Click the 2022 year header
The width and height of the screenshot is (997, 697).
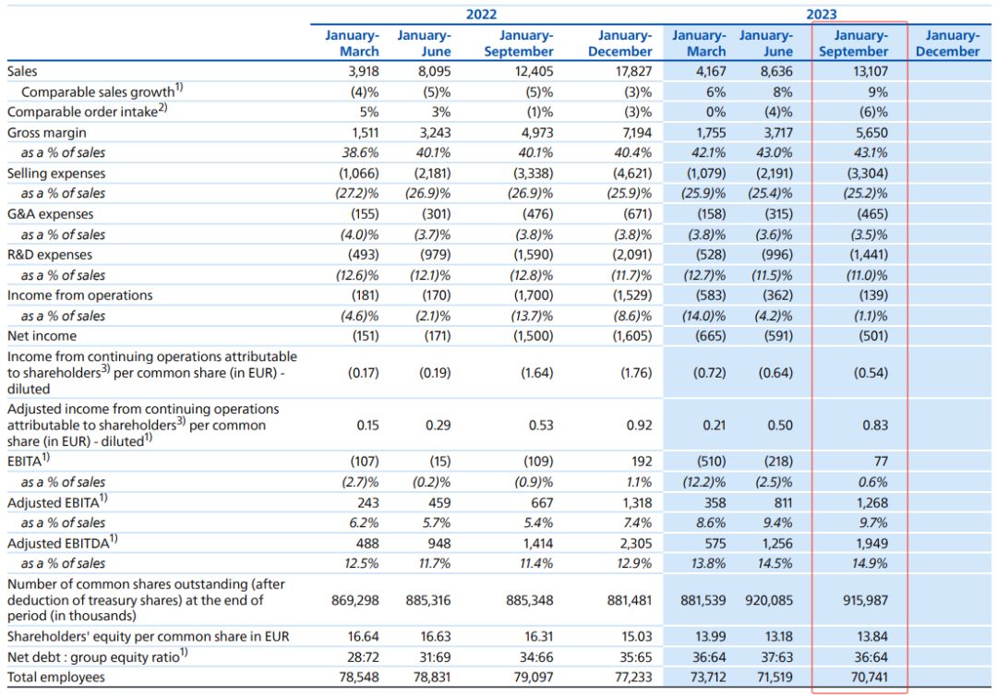click(x=481, y=14)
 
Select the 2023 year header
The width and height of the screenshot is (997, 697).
click(x=822, y=14)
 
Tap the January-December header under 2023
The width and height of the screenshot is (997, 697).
click(x=947, y=43)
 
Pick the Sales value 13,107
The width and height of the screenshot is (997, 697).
click(x=870, y=71)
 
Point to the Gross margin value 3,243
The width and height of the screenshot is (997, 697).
click(x=434, y=133)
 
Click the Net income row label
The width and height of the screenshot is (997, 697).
click(x=42, y=336)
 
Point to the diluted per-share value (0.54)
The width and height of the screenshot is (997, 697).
click(x=871, y=373)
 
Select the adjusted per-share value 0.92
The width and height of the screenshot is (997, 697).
click(x=639, y=425)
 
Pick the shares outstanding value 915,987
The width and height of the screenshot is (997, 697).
click(x=865, y=600)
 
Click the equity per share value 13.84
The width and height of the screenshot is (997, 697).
click(x=872, y=637)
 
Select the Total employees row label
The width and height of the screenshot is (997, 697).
click(x=56, y=678)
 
